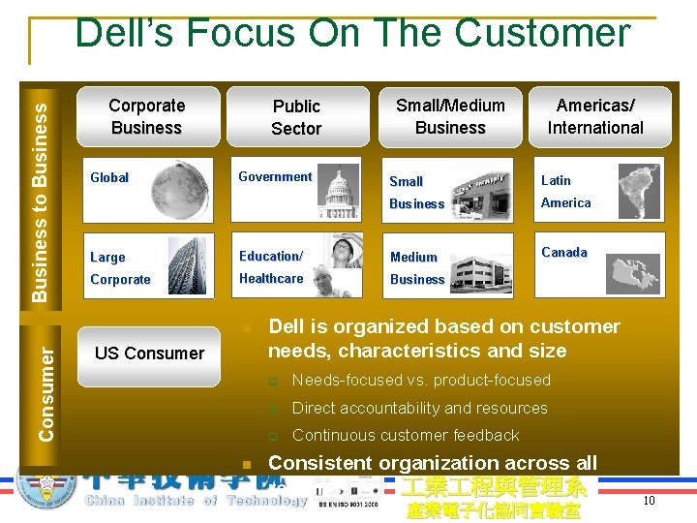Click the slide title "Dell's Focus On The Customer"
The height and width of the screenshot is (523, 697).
pyautogui.click(x=352, y=33)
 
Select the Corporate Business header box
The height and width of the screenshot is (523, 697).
pyautogui.click(x=147, y=117)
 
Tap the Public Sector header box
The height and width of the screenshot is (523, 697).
pyautogui.click(x=296, y=117)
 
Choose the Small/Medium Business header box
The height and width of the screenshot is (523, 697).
pyautogui.click(x=450, y=117)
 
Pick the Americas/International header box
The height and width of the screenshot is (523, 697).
pyautogui.click(x=595, y=117)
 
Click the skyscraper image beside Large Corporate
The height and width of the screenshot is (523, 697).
pyautogui.click(x=185, y=263)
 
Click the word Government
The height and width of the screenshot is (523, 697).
pyautogui.click(x=275, y=177)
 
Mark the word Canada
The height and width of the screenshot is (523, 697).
pyautogui.click(x=564, y=253)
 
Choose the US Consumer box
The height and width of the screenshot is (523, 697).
pyautogui.click(x=149, y=354)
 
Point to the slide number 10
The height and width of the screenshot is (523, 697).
pyautogui.click(x=649, y=501)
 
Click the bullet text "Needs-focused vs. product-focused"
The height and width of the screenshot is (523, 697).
pyautogui.click(x=421, y=381)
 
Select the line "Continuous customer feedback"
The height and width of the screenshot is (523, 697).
pyautogui.click(x=406, y=436)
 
